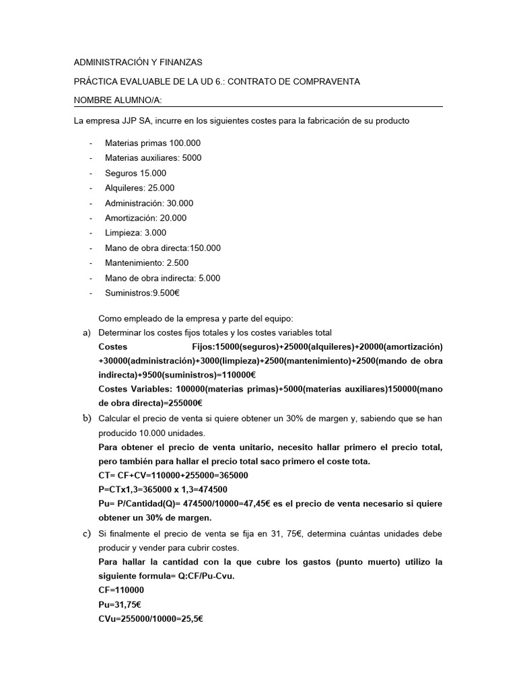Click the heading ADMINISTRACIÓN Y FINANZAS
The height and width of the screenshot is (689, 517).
click(138, 62)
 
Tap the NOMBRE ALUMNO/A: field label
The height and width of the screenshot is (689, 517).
click(118, 100)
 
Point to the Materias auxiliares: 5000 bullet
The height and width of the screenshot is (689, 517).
click(153, 157)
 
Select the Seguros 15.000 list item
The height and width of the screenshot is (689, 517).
click(135, 173)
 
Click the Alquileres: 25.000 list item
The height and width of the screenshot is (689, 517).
click(139, 188)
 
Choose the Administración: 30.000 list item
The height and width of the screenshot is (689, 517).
click(149, 203)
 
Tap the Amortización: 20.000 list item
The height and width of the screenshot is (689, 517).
click(145, 218)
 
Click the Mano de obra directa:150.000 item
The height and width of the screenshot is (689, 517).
click(162, 248)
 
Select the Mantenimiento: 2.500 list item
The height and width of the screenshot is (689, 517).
click(147, 262)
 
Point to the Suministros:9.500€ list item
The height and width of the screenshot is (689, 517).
click(142, 293)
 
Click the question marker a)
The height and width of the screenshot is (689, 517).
click(85, 333)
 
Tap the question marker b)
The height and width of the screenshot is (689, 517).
click(85, 419)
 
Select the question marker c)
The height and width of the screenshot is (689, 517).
click(85, 533)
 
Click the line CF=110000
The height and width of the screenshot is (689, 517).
click(120, 590)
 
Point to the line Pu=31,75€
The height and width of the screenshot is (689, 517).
click(119, 604)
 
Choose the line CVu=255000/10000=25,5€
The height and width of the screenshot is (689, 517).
click(150, 618)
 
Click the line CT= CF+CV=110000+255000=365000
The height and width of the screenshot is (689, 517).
click(173, 475)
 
